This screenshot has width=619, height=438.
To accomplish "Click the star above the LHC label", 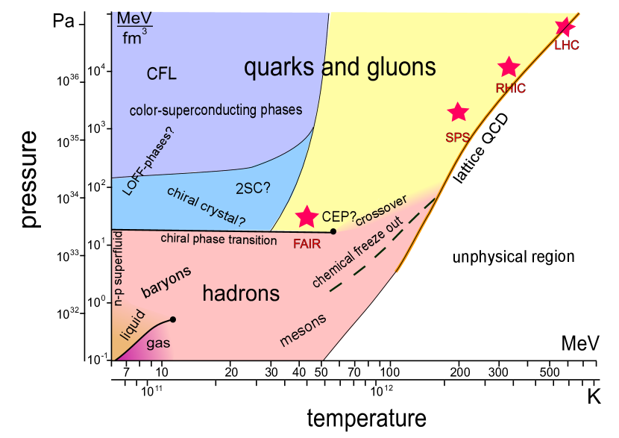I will [565, 27].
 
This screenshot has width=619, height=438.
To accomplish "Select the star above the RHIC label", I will [509, 67].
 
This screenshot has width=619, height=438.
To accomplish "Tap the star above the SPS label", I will [457, 112].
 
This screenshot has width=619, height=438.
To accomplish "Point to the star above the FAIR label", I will [307, 216].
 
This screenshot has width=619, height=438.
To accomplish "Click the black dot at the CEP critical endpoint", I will [333, 231].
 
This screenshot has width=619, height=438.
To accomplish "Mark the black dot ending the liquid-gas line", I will [173, 319].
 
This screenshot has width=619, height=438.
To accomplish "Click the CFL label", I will [162, 73].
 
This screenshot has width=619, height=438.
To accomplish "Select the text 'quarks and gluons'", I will [340, 68].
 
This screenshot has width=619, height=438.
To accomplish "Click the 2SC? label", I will [253, 188].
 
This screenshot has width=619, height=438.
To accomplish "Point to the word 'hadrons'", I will [241, 293].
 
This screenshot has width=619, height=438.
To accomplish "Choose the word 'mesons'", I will [303, 330].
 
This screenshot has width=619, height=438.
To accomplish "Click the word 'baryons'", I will [166, 281].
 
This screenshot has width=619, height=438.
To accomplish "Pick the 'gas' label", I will [157, 344].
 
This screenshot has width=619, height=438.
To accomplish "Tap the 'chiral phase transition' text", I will [219, 240].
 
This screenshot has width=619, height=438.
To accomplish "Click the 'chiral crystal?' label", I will [206, 207].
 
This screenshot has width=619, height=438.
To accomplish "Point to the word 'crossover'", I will [380, 210].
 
